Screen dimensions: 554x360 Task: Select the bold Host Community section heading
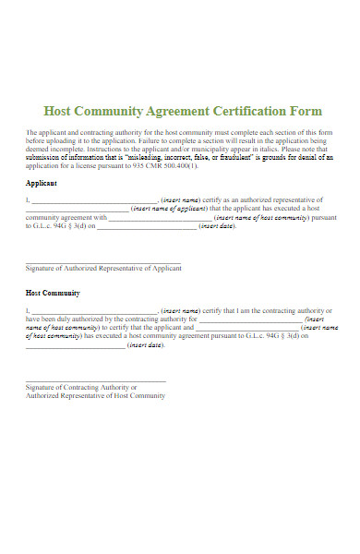pos(53,293)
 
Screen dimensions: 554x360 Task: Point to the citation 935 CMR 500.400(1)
pos(165,166)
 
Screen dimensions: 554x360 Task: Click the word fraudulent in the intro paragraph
pos(220,158)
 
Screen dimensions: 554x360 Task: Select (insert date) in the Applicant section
pos(216,226)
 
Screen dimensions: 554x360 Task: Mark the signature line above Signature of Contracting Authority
pos(96,379)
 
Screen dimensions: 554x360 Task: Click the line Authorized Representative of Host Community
pos(95,396)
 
